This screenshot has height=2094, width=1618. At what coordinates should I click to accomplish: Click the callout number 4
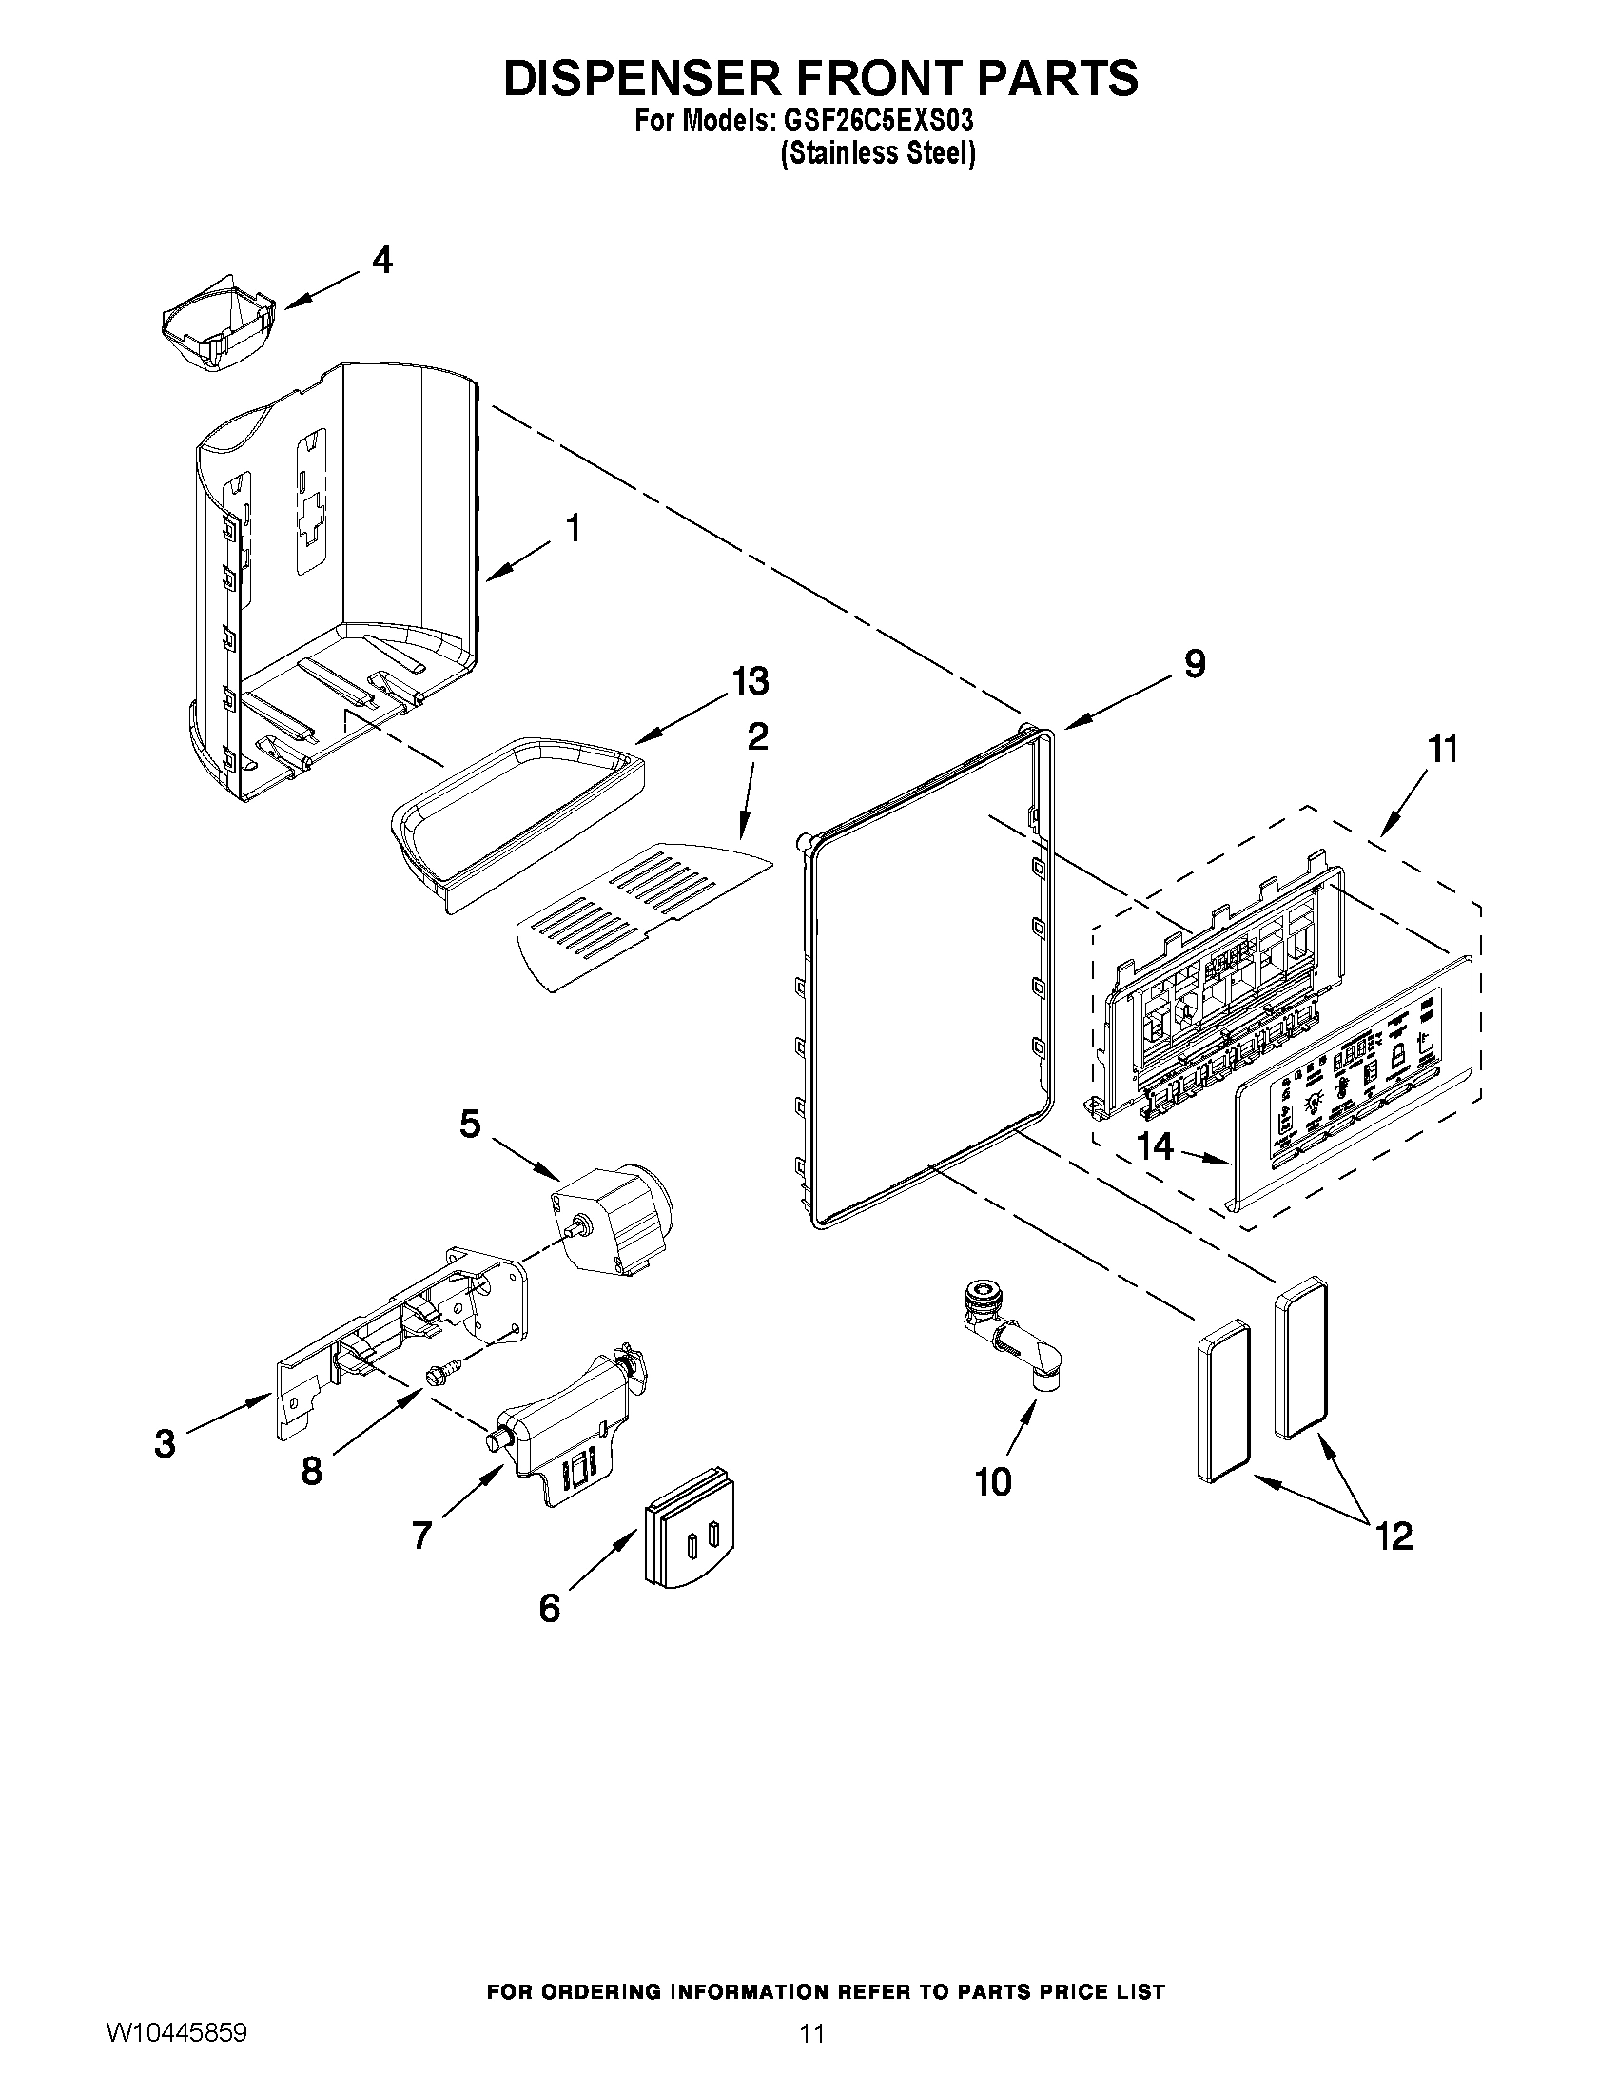coord(381,260)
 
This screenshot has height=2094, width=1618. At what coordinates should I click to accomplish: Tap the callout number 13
coord(750,682)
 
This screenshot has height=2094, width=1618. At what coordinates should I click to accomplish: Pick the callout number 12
coord(1394,1536)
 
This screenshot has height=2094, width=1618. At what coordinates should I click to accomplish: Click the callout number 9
coord(1195,663)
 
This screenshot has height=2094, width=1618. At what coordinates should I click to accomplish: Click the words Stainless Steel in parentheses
coord(878,153)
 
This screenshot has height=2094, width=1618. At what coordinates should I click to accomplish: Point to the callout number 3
coord(165,1443)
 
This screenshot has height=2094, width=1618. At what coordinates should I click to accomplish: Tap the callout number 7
coord(421,1535)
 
